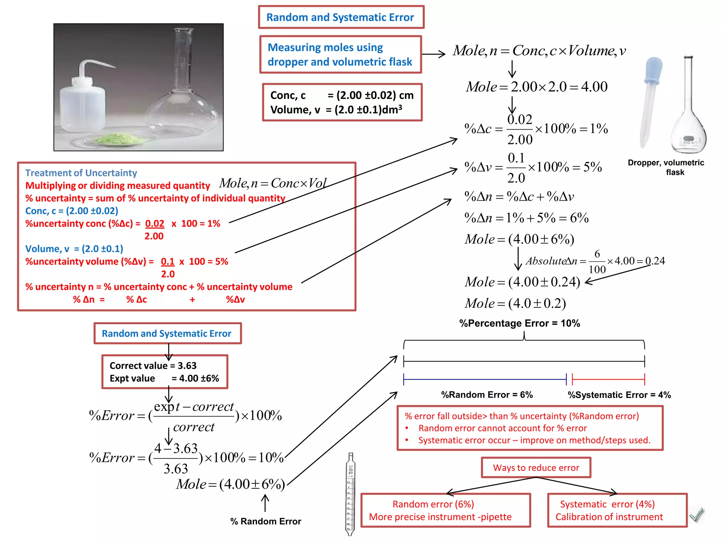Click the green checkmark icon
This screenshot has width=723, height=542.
(x=697, y=515)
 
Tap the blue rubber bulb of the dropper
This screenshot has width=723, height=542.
(x=653, y=70)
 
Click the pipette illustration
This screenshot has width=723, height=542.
(x=350, y=494)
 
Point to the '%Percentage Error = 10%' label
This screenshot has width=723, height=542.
(x=519, y=323)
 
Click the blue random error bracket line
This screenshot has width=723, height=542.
(x=484, y=379)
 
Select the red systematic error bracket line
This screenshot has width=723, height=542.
(x=608, y=379)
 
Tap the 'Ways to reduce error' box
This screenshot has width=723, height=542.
(x=536, y=468)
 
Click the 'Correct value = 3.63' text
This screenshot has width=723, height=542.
(x=153, y=366)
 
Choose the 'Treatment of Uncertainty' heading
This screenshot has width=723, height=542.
(x=81, y=173)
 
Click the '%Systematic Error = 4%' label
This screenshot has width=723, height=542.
(x=619, y=395)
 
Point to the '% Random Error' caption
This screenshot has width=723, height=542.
(x=265, y=521)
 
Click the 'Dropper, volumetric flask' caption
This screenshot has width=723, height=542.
(x=666, y=167)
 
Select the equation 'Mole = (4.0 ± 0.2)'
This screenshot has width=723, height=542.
(x=515, y=303)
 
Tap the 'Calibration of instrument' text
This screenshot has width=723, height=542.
(x=609, y=517)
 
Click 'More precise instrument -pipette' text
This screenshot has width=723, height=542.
(x=440, y=517)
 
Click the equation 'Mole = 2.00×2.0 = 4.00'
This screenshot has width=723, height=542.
(x=537, y=87)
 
